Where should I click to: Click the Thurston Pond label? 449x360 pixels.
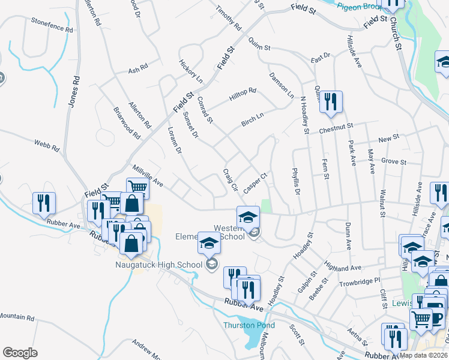249,325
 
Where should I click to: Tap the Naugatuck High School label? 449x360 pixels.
159,264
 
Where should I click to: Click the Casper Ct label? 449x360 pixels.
255,181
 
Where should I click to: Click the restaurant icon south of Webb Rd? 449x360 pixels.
44,203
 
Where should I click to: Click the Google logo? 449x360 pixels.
20,353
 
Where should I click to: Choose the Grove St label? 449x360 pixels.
394,162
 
